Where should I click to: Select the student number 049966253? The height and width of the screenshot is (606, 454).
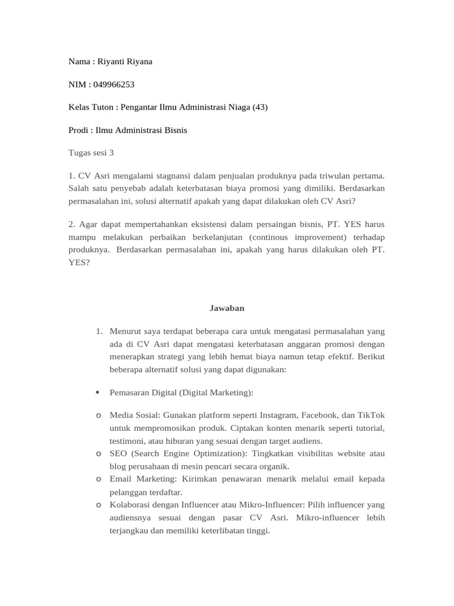pos(113,85)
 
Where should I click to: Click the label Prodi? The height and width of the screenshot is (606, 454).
pos(80,130)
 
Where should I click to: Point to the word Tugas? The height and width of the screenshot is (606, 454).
pos(80,153)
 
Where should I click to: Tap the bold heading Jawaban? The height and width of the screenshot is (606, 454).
pos(227,308)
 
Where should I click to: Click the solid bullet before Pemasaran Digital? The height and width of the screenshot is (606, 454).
pos(98,392)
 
